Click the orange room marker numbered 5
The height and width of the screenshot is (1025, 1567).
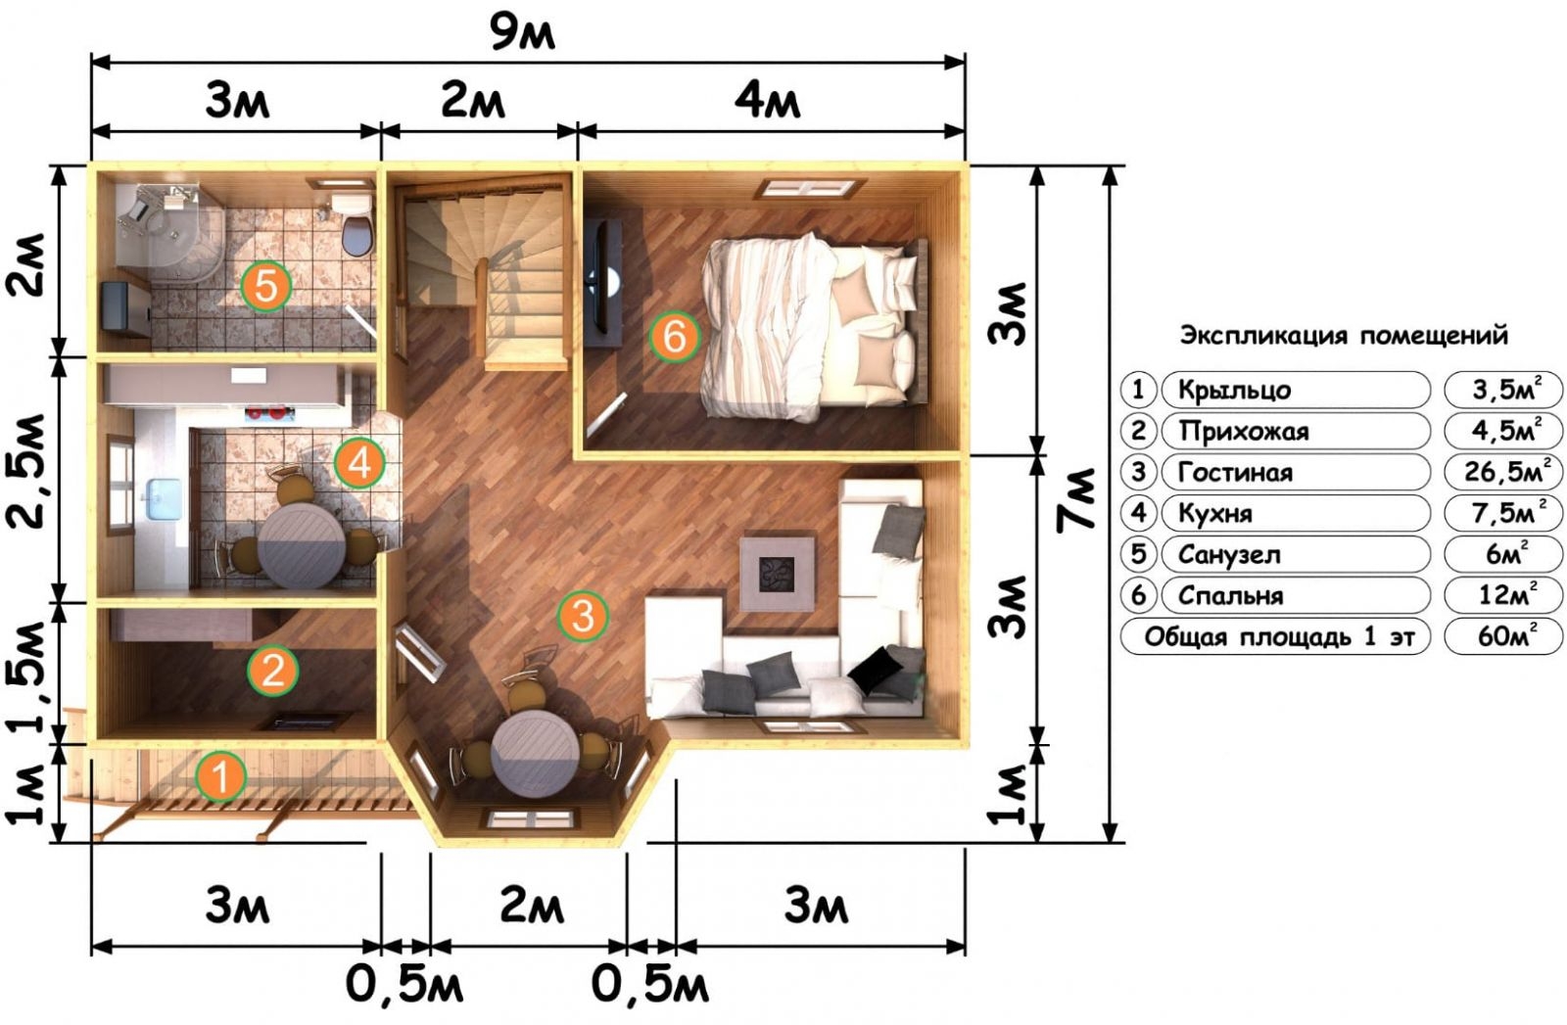click(x=265, y=285)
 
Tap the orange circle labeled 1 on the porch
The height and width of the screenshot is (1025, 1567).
click(x=221, y=775)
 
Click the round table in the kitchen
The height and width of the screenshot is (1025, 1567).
click(x=302, y=545)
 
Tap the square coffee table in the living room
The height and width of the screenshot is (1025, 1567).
click(x=778, y=574)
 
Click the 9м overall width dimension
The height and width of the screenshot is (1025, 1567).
click(x=522, y=33)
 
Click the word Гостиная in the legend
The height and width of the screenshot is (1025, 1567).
click(x=1235, y=473)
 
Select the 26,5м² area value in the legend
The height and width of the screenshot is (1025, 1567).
click(x=1503, y=471)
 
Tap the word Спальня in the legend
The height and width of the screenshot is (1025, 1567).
click(x=1230, y=596)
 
